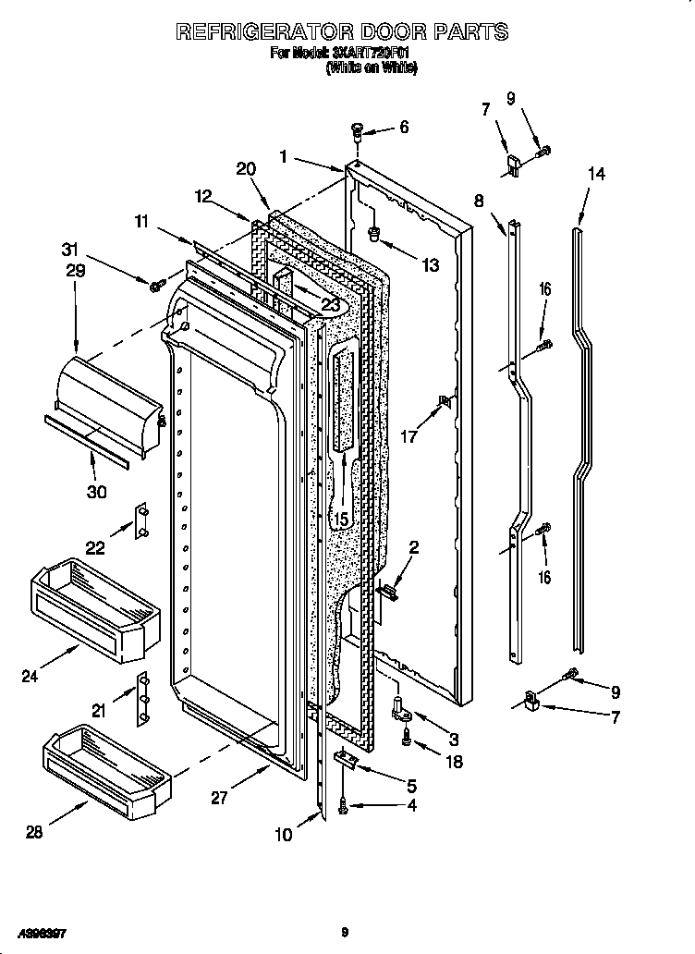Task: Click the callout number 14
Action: pos(597,174)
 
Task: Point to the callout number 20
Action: pos(245,168)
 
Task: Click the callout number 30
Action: pos(97,492)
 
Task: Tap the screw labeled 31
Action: pos(155,285)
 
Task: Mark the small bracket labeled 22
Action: pos(142,521)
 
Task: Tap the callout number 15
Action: pos(341,520)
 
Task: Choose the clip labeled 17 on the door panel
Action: pos(445,401)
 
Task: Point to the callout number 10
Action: pos(284,835)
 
